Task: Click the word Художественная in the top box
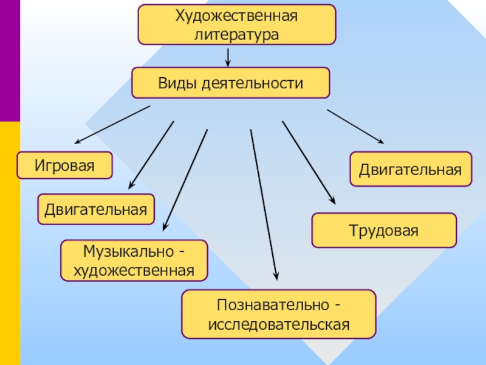236,16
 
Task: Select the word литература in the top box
236,35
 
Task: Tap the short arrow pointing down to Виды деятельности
228,57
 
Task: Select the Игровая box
64,165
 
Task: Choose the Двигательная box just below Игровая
96,210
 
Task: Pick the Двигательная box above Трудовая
411,169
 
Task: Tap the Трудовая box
383,231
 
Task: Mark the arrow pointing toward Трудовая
308,162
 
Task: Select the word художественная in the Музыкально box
134,270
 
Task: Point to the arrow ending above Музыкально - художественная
185,179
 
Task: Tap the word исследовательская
279,324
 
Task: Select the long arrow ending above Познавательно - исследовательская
264,204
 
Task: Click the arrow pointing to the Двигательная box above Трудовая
355,127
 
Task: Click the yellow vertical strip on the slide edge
10,243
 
